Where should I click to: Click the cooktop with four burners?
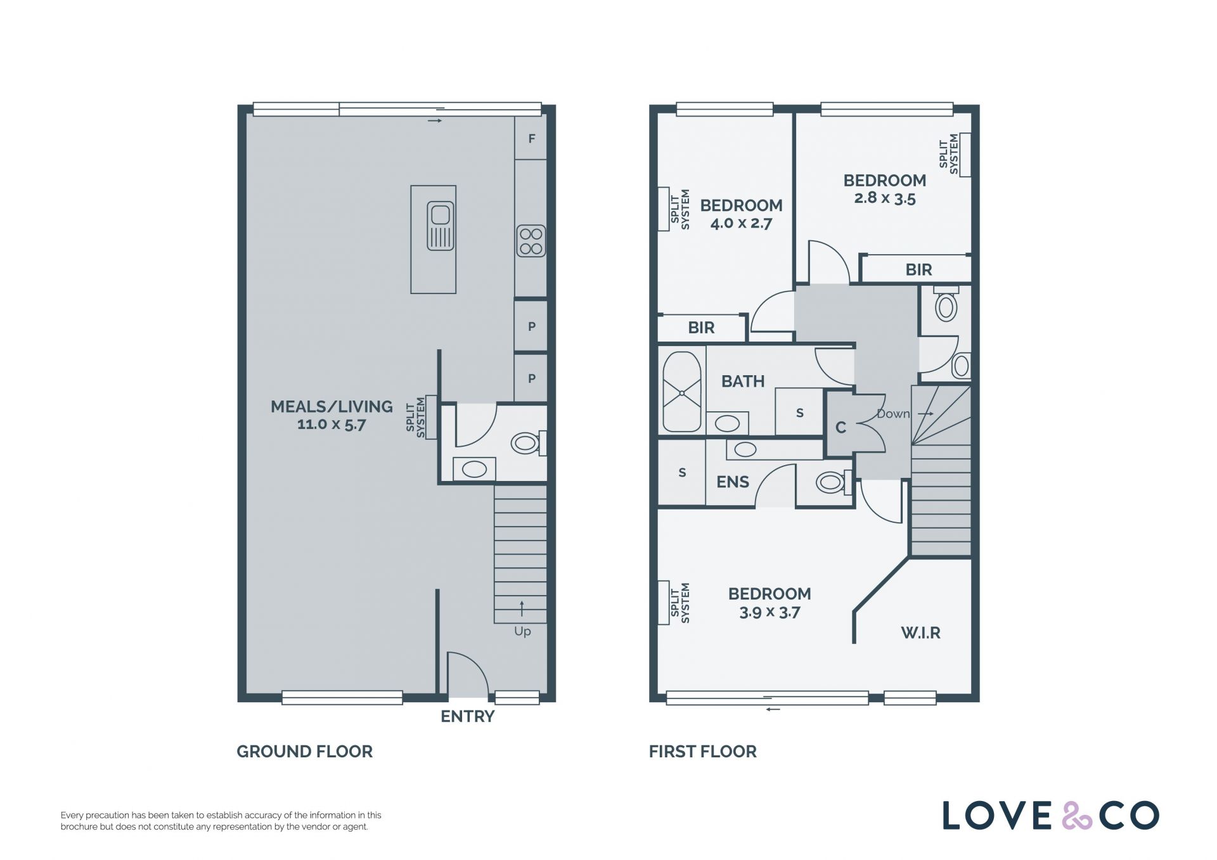(x=531, y=241)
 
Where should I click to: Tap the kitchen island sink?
(x=441, y=225)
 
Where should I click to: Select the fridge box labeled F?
(x=531, y=138)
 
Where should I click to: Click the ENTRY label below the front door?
(x=467, y=716)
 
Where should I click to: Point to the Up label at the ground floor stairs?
(x=522, y=631)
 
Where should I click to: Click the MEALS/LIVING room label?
(x=332, y=406)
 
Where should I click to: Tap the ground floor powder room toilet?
(x=528, y=442)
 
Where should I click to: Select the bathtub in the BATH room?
(x=682, y=392)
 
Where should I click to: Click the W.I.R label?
(x=920, y=632)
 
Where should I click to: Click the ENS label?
(x=733, y=482)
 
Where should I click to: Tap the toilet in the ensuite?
(x=833, y=482)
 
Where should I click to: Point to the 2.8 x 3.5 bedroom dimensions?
(x=885, y=198)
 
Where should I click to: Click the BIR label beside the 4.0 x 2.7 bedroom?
(x=701, y=328)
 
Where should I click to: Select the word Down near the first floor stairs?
(x=893, y=414)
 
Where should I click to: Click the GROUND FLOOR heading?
(x=304, y=752)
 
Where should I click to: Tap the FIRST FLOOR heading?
(x=702, y=752)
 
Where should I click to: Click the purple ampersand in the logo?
(x=1077, y=816)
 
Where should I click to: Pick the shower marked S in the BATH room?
(x=799, y=412)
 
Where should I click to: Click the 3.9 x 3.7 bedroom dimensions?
(x=769, y=612)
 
